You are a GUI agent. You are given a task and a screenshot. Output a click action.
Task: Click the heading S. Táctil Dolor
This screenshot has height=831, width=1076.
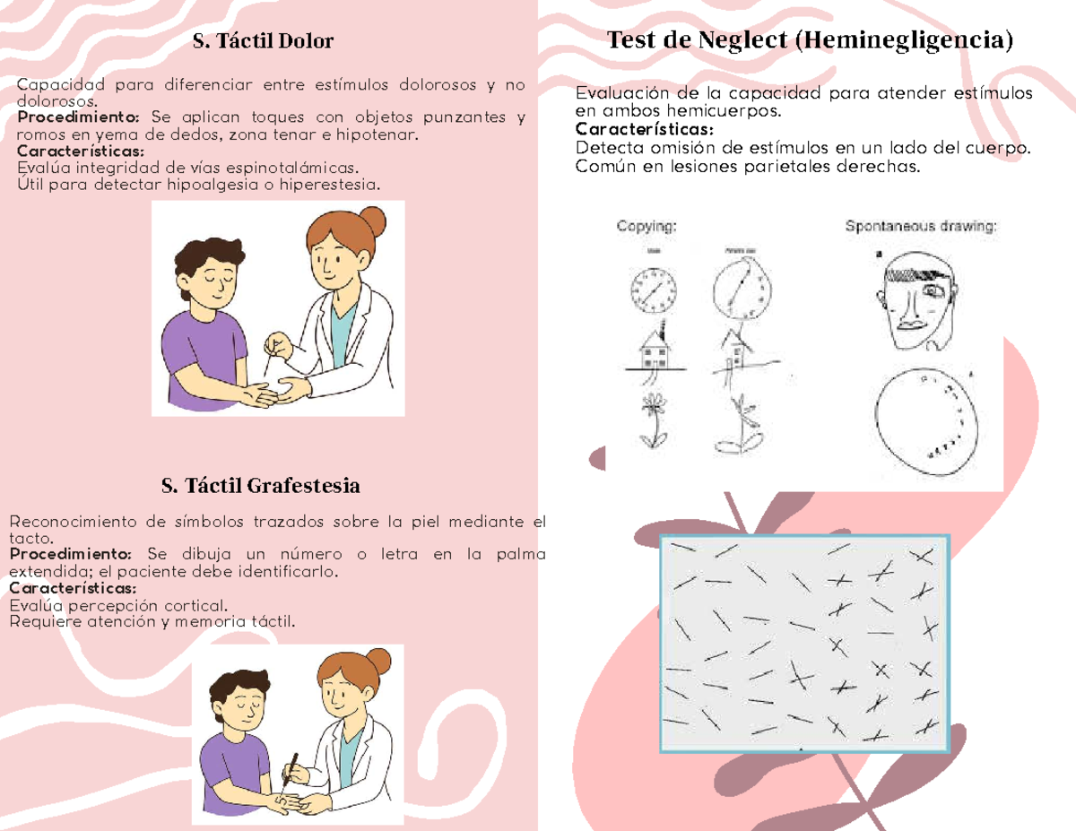click(263, 41)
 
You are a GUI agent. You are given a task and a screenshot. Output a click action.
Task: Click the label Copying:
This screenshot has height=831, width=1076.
click(646, 227)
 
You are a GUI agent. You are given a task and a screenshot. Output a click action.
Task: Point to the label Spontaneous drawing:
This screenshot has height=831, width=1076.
click(921, 227)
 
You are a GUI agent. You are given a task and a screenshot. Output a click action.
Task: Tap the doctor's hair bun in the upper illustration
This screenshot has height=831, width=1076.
click(373, 220)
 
